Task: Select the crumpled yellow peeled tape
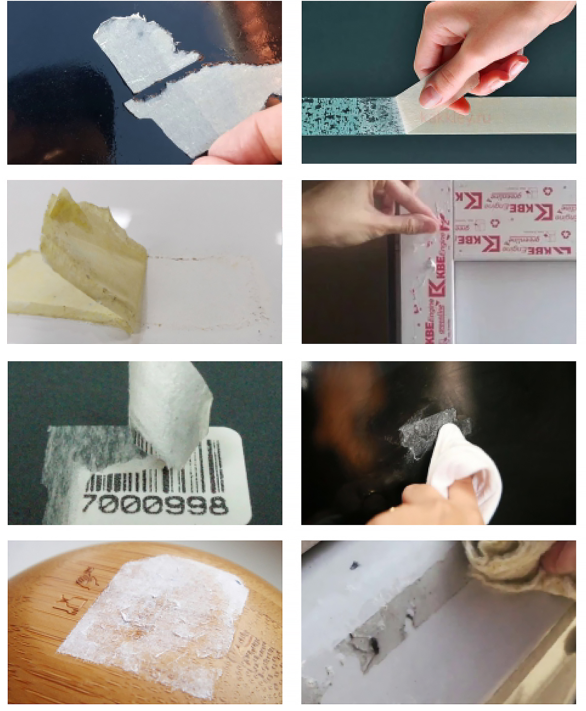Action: point(92,257)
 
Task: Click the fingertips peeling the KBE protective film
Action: point(427,223)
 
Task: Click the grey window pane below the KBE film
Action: point(514,301)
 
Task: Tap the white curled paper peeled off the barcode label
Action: point(167,408)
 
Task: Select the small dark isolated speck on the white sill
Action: point(355,565)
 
